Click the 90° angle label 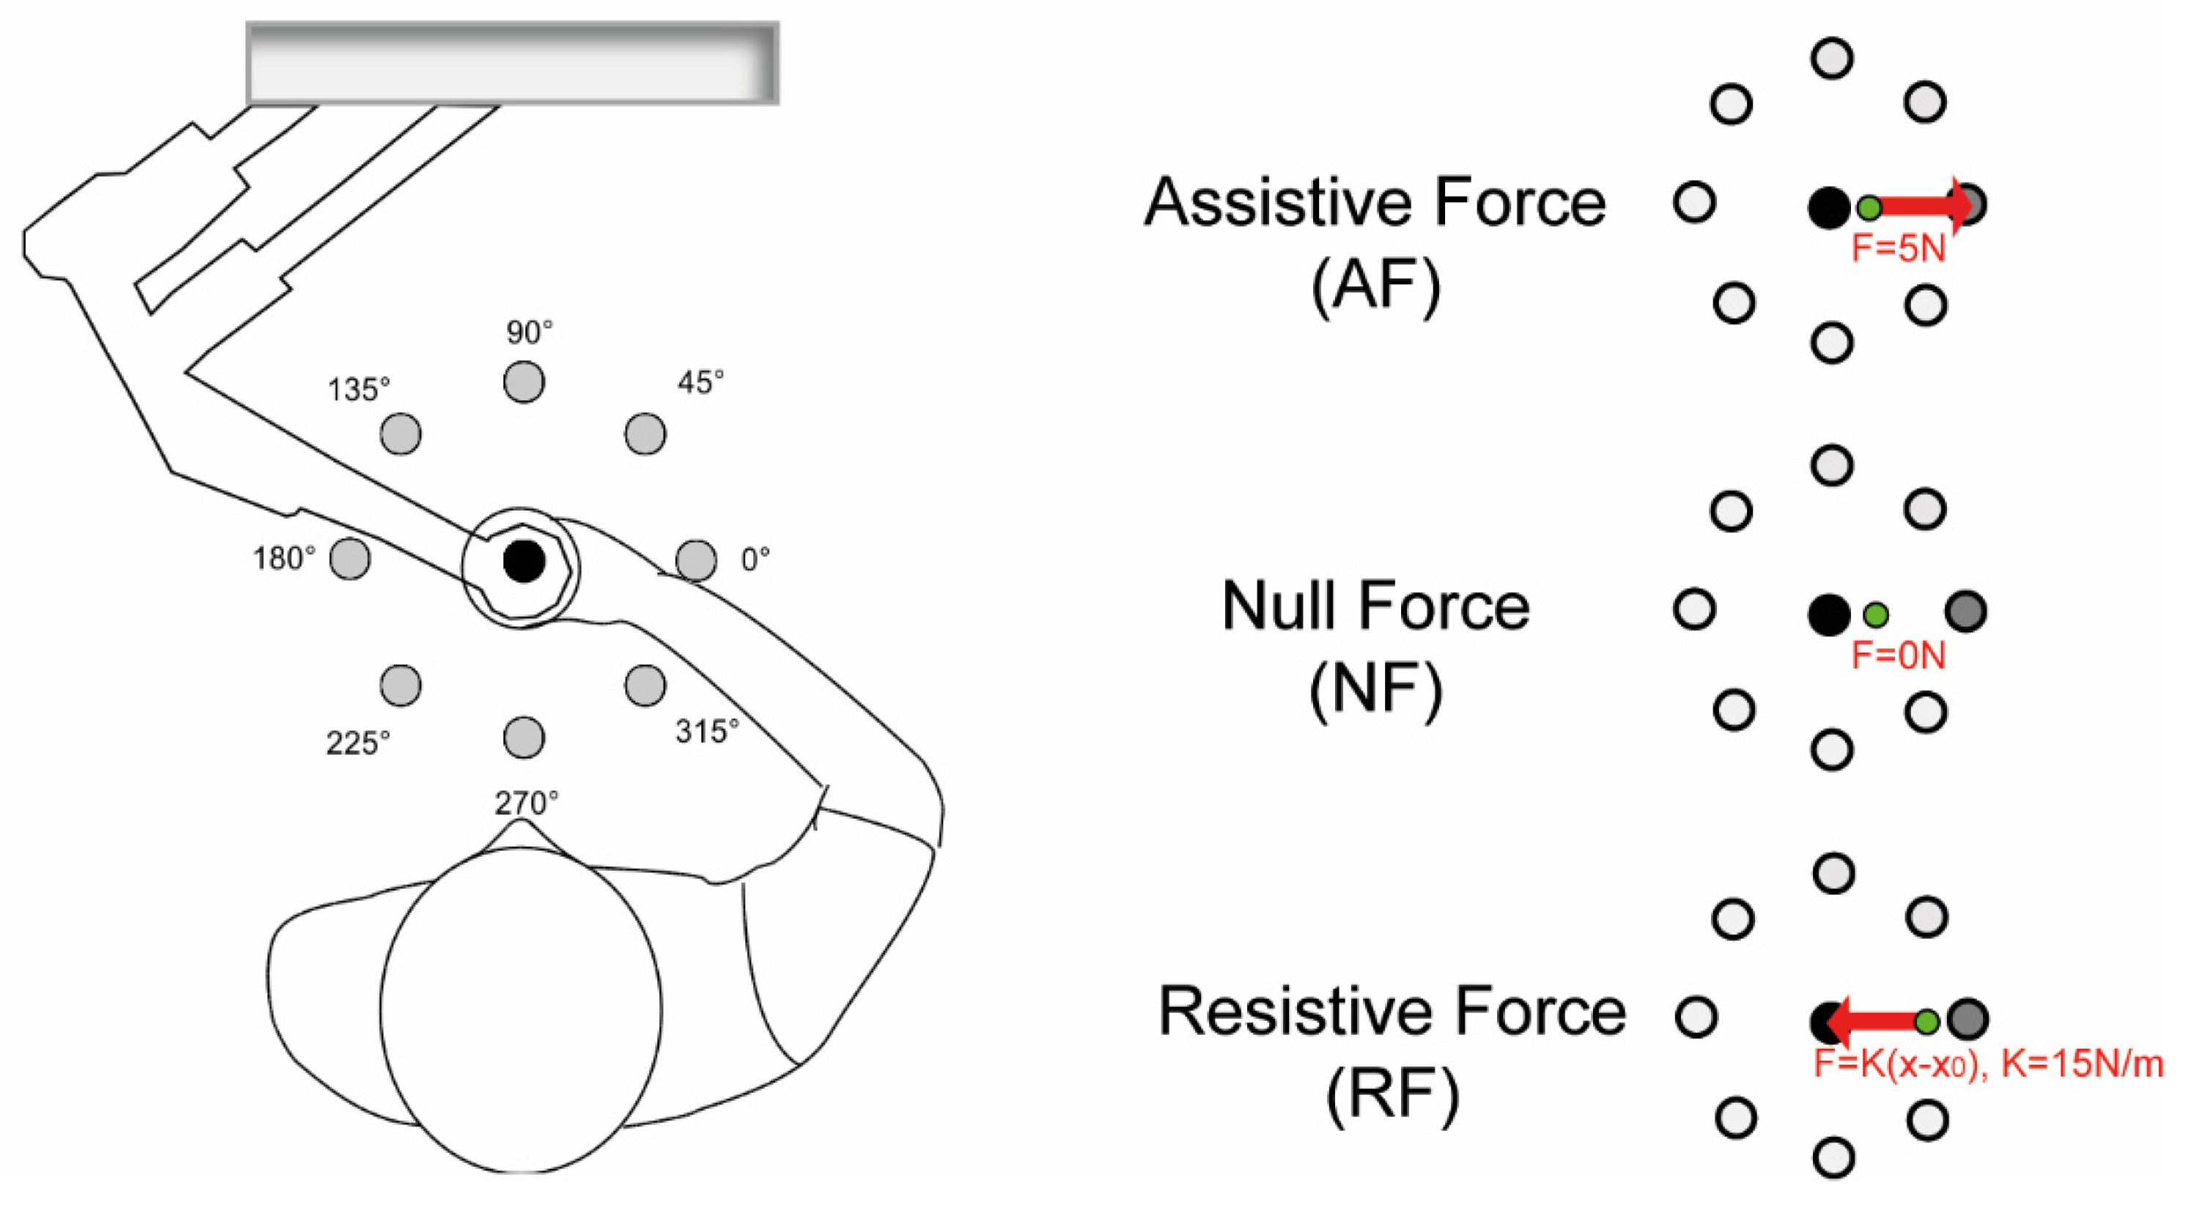[x=529, y=332]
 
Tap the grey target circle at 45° [x=645, y=434]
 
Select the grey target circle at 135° [x=400, y=434]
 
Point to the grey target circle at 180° [x=350, y=559]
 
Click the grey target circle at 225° [x=400, y=684]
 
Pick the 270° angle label [x=526, y=802]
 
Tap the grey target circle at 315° [x=645, y=684]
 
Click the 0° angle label [x=755, y=559]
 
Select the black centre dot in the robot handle [x=523, y=561]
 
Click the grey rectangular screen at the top [x=512, y=63]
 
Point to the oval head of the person [x=520, y=1011]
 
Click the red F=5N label [x=1899, y=248]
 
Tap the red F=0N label [x=1899, y=656]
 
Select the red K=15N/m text [x=2082, y=1064]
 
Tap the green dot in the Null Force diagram [x=1875, y=614]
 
